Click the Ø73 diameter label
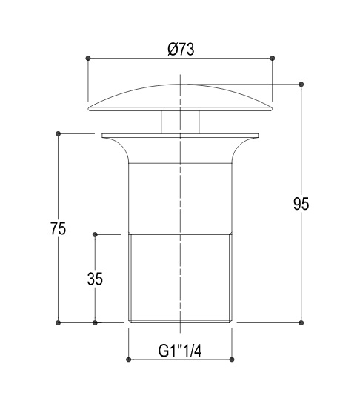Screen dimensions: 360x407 pos(181,49)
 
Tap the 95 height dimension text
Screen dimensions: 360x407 pos(301,204)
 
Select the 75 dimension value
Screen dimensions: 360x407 pos(58,228)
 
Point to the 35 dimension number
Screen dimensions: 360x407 pos(95,279)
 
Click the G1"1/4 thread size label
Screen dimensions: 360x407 pos(180,351)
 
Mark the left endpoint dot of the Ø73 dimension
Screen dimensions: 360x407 pos(88,58)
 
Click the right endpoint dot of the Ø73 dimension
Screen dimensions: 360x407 pos(272,58)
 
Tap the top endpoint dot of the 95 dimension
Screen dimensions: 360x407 pos(301,84)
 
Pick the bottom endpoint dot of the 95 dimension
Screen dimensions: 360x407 pos(301,322)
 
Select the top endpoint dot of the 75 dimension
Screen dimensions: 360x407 pos(58,133)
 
